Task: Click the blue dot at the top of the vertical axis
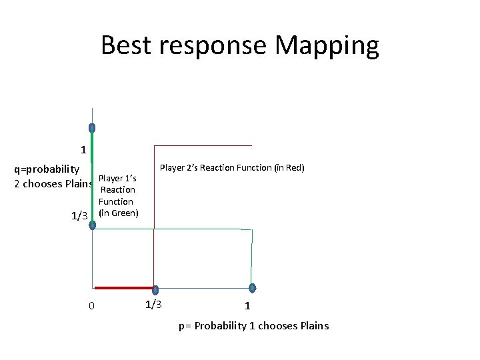click(x=92, y=127)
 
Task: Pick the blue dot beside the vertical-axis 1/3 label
click(x=93, y=225)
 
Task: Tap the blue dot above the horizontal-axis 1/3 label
click(x=155, y=290)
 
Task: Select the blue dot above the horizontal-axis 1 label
click(x=252, y=288)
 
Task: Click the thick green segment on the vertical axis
click(x=92, y=177)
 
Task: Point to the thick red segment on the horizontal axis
click(x=124, y=288)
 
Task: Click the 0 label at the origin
click(x=91, y=306)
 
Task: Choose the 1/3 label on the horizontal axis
click(x=153, y=305)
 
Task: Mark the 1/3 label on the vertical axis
click(x=79, y=216)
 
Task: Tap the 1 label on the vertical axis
click(x=83, y=150)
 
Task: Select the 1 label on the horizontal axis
click(x=247, y=306)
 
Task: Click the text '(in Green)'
click(x=118, y=213)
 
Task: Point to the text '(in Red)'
click(x=289, y=168)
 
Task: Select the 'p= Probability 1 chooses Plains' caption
click(x=253, y=325)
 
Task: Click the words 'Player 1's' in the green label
click(x=117, y=178)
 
